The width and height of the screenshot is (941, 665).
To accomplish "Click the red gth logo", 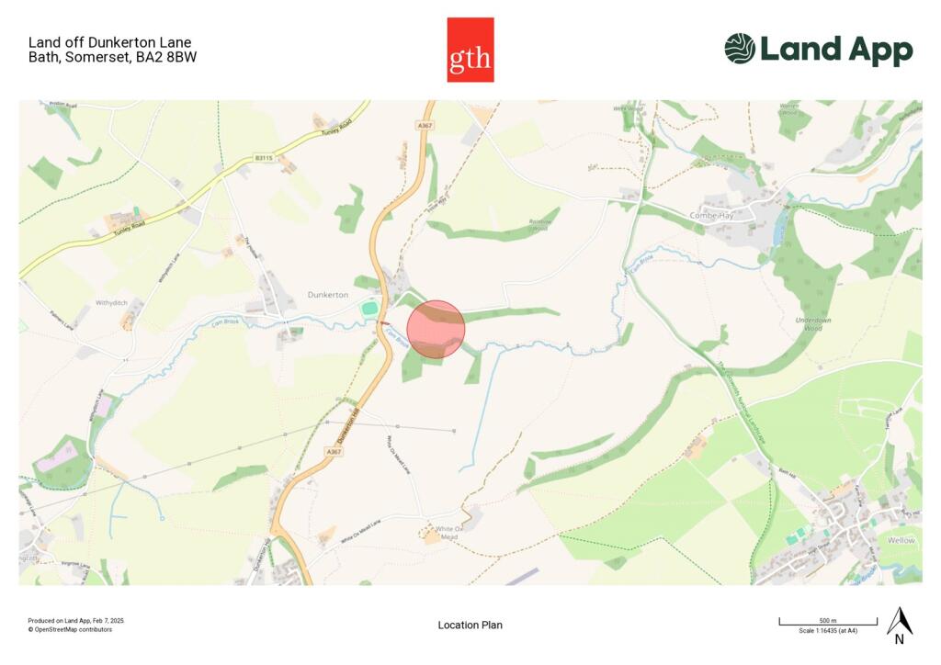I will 470,50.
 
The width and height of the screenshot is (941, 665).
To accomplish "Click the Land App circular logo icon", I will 740,49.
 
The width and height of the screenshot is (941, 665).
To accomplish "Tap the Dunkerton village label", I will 328,294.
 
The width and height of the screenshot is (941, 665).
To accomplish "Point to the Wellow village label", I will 901,540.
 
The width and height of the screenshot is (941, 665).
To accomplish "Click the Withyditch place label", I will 117,302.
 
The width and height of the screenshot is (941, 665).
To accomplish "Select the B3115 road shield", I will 264,158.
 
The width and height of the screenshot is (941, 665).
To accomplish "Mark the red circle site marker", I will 436,329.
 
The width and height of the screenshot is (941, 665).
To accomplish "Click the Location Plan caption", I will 470,626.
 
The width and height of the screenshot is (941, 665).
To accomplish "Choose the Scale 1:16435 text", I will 828,631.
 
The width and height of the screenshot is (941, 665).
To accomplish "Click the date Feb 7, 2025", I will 107,621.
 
